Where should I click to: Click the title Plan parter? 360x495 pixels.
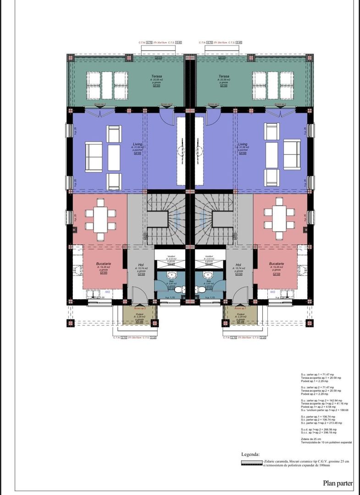338,483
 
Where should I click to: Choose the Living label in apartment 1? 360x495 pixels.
242,144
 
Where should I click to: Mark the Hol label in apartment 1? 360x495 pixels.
238,265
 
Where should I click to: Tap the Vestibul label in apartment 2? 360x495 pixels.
171,257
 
